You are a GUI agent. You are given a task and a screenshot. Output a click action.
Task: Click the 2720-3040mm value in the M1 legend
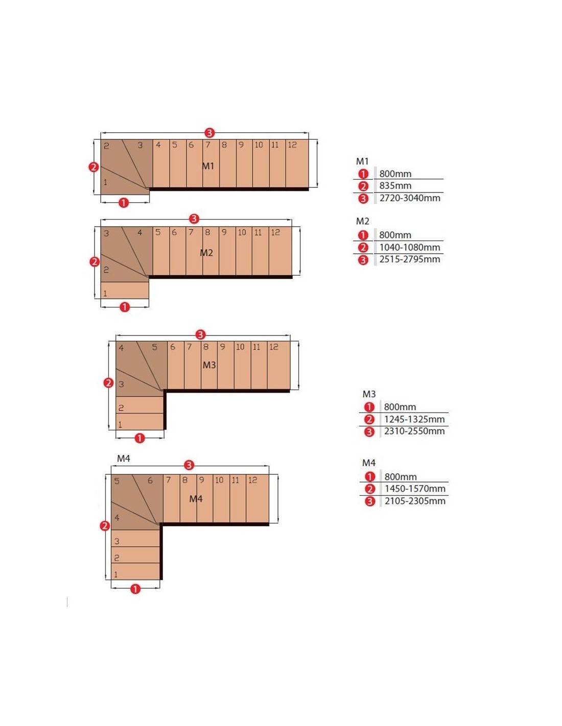click(410, 198)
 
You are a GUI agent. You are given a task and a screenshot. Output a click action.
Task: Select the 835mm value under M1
click(395, 186)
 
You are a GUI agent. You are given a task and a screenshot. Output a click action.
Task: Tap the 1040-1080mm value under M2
click(410, 248)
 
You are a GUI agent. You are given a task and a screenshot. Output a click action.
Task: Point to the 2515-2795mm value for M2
click(410, 259)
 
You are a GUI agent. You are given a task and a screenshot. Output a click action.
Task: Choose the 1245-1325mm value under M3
click(414, 419)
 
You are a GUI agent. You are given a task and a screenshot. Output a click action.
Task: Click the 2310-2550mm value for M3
click(414, 431)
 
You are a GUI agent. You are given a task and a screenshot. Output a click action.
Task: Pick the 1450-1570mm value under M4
click(415, 489)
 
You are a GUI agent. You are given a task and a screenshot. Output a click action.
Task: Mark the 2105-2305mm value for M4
click(415, 501)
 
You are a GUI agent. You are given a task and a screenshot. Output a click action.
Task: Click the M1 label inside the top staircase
click(208, 166)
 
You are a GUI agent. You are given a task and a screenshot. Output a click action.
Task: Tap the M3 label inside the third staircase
click(209, 365)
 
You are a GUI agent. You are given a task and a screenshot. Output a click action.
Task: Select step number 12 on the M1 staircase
click(292, 145)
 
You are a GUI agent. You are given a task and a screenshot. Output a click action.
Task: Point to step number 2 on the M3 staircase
click(121, 408)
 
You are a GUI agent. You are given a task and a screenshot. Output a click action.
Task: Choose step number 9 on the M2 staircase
click(224, 232)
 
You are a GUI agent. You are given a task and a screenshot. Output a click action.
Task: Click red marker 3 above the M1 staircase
click(209, 133)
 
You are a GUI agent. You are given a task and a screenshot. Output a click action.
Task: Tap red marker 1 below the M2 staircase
click(125, 307)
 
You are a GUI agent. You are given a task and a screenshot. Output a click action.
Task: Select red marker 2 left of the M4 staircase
click(105, 526)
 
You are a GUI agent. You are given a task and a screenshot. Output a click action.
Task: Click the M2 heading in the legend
click(362, 221)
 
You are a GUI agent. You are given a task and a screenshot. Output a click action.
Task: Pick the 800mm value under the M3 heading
click(400, 407)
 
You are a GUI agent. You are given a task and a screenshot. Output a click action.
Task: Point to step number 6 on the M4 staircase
click(150, 480)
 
